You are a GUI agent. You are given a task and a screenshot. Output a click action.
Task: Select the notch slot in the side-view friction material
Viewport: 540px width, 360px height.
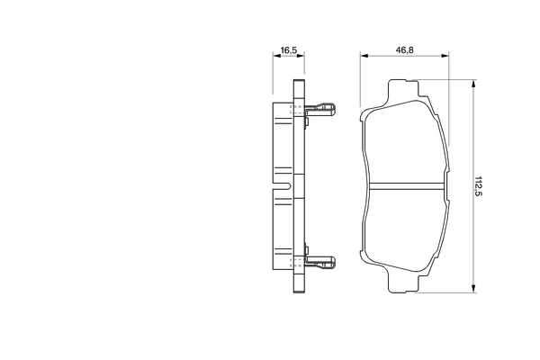pyautogui.click(x=283, y=186)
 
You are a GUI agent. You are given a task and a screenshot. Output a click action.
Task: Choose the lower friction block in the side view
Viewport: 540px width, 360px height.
pyautogui.click(x=283, y=234)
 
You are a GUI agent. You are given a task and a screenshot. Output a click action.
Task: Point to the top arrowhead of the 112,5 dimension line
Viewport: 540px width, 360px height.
pyautogui.click(x=472, y=83)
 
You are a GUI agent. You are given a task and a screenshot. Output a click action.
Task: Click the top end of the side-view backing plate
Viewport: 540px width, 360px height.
pyautogui.click(x=299, y=84)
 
